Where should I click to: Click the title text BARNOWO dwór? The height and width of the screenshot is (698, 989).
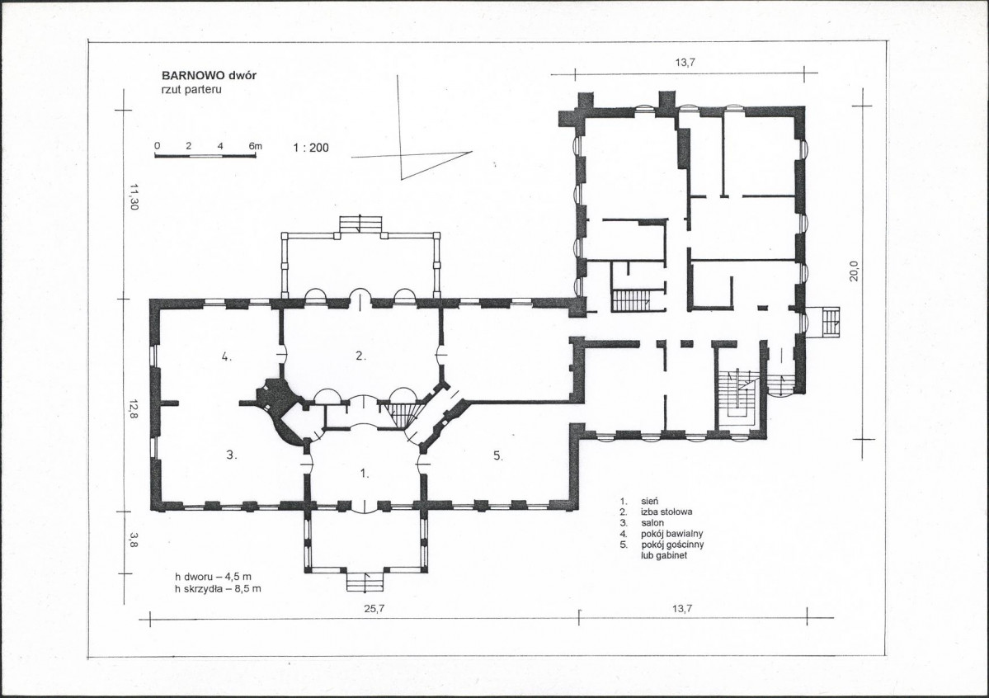pyautogui.click(x=209, y=76)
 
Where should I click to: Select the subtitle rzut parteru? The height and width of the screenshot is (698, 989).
pyautogui.click(x=191, y=90)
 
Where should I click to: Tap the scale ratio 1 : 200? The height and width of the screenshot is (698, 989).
pyautogui.click(x=311, y=149)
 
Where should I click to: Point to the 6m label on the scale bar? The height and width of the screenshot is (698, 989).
pyautogui.click(x=255, y=146)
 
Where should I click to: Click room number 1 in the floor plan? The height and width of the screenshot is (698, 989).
pyautogui.click(x=365, y=474)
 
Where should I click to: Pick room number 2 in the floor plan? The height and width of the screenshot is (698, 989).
pyautogui.click(x=360, y=356)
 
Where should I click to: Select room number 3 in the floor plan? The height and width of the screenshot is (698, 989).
pyautogui.click(x=232, y=455)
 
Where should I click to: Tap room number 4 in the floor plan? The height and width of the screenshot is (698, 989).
pyautogui.click(x=226, y=356)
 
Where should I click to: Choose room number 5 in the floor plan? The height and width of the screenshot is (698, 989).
pyautogui.click(x=497, y=455)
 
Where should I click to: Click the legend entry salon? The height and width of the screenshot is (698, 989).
pyautogui.click(x=652, y=523)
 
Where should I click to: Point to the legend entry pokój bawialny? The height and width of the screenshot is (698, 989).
pyautogui.click(x=671, y=534)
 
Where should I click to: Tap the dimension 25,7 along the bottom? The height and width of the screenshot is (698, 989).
pyautogui.click(x=373, y=609)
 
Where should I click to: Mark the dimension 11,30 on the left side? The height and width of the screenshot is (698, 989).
pyautogui.click(x=134, y=197)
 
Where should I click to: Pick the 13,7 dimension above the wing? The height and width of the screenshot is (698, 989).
pyautogui.click(x=685, y=63)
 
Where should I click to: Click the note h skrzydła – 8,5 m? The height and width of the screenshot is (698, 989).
pyautogui.click(x=219, y=589)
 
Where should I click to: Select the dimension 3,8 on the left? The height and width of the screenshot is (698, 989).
pyautogui.click(x=134, y=540)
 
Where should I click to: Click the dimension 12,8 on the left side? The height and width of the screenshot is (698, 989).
pyautogui.click(x=134, y=409)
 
